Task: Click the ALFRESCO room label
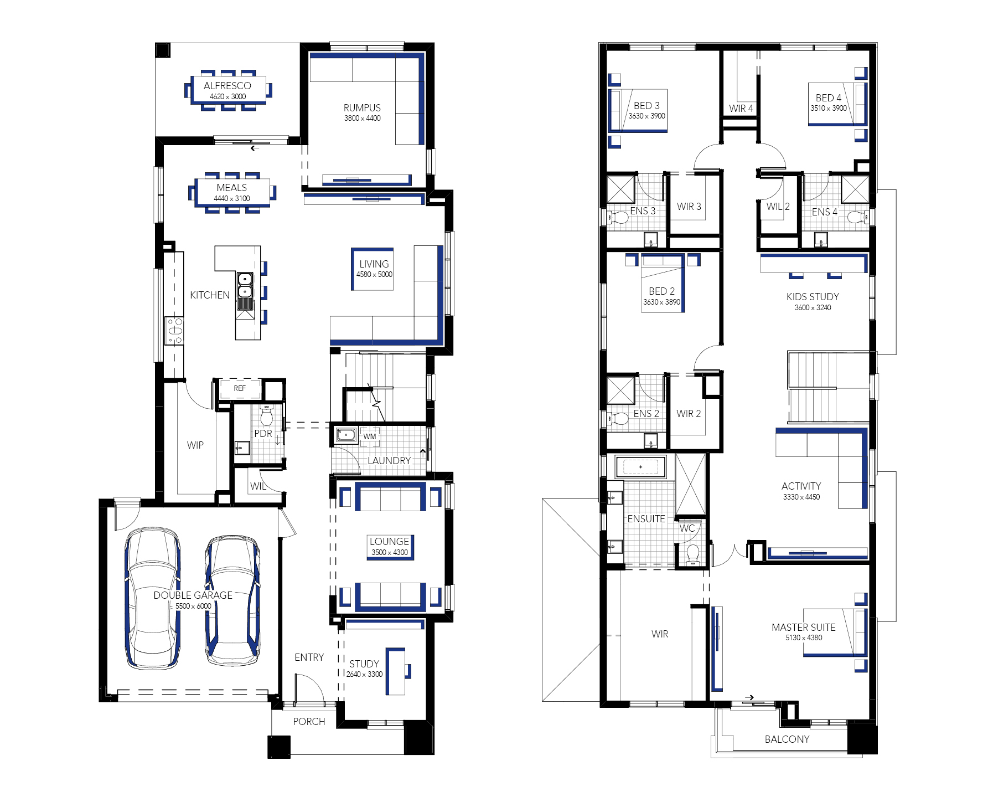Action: click(227, 85)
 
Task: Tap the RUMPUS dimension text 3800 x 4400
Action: click(362, 118)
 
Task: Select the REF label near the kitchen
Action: click(240, 388)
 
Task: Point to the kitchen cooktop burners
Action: click(175, 331)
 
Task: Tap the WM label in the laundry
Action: click(370, 436)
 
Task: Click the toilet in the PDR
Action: click(267, 414)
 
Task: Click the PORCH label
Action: click(309, 721)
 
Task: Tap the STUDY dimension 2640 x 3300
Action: click(364, 674)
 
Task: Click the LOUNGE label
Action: click(389, 541)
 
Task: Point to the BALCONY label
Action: click(787, 739)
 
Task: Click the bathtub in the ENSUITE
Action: click(640, 467)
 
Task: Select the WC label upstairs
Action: click(687, 528)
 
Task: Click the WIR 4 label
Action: click(741, 108)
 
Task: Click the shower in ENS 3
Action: click(621, 189)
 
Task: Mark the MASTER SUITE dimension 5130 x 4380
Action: click(804, 637)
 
